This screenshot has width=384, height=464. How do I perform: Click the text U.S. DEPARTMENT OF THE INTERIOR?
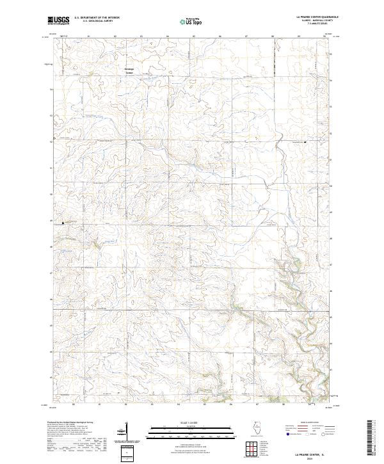(97, 18)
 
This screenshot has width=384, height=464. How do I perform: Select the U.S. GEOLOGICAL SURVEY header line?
(93, 21)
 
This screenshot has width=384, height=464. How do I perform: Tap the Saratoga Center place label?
(131, 70)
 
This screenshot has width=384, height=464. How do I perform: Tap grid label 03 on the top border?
(141, 36)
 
